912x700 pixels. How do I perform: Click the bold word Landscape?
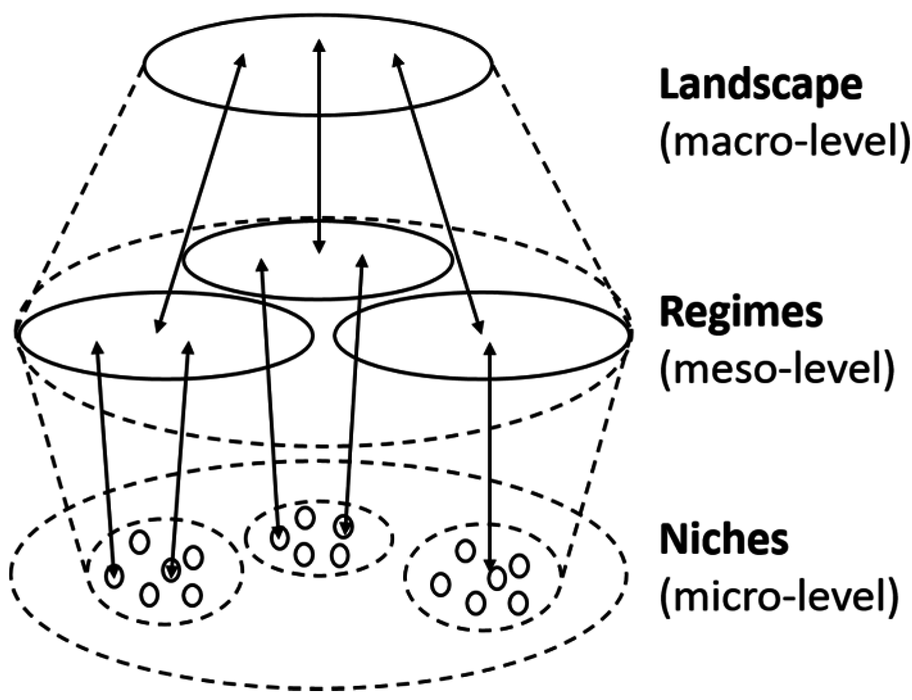[761, 85]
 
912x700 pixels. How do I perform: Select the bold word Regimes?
[741, 313]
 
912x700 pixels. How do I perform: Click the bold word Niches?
[724, 540]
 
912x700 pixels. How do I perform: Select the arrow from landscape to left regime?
[199, 192]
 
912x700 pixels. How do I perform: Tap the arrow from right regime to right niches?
[491, 449]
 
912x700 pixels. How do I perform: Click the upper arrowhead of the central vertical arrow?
[319, 42]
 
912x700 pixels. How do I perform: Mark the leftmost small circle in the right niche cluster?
[440, 585]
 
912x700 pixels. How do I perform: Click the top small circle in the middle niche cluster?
[306, 517]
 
